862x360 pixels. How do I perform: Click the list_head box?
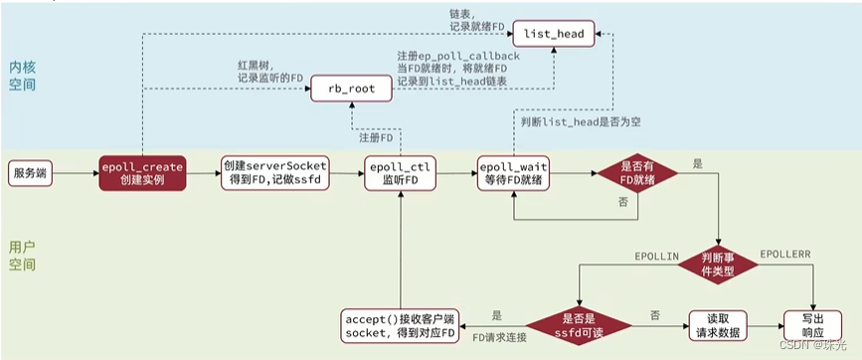[555, 35]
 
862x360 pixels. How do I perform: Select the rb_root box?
[350, 89]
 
